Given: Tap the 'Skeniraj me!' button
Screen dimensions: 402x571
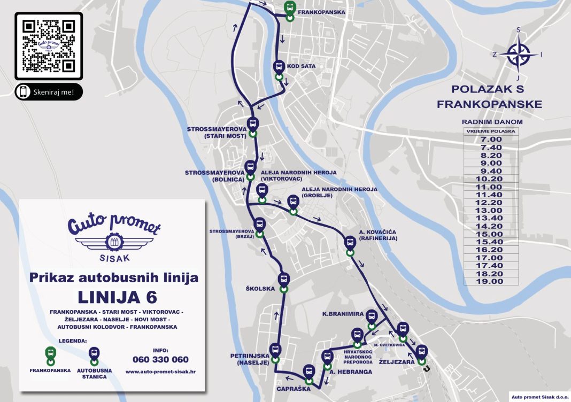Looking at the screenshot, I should coord(49,92).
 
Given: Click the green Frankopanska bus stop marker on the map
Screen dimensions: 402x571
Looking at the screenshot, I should coord(289,9).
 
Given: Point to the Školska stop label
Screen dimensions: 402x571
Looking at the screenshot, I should coord(260,289).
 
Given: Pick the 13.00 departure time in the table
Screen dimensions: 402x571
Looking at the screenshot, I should coord(491,211).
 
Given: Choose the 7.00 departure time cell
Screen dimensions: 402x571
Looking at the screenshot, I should coord(491,140).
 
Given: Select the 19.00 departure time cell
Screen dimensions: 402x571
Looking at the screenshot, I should coord(491,281).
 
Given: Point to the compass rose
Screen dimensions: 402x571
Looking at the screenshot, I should coord(518,53).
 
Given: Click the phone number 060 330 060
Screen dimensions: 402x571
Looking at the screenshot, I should coord(160,359).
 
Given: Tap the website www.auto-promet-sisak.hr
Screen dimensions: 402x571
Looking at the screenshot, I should coord(160,371).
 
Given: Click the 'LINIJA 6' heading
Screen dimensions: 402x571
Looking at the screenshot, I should coord(117,297).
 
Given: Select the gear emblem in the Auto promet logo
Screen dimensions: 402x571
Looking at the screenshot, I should coord(114,243).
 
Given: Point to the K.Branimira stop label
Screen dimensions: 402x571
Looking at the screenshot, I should coord(342,314).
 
